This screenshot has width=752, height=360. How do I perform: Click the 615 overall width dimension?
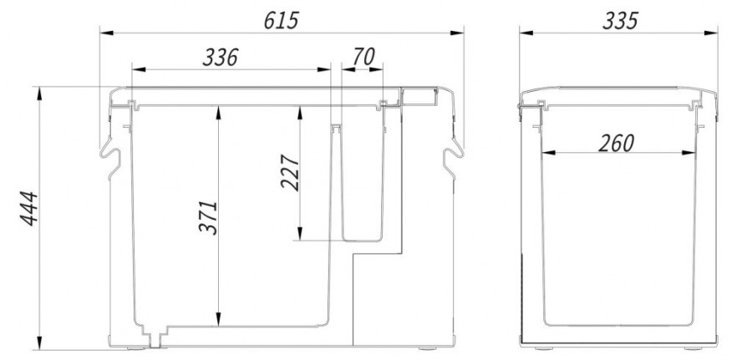[281, 21]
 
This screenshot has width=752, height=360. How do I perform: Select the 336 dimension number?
[220, 58]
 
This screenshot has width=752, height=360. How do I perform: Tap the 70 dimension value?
[363, 57]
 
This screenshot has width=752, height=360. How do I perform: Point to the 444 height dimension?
[28, 209]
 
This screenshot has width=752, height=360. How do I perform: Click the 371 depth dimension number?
[208, 218]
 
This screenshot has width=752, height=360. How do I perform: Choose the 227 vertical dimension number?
[290, 173]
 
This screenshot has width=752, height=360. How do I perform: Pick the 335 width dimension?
[620, 21]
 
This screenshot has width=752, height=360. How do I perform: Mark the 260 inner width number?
[617, 144]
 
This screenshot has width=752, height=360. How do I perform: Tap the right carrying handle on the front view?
[453, 157]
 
